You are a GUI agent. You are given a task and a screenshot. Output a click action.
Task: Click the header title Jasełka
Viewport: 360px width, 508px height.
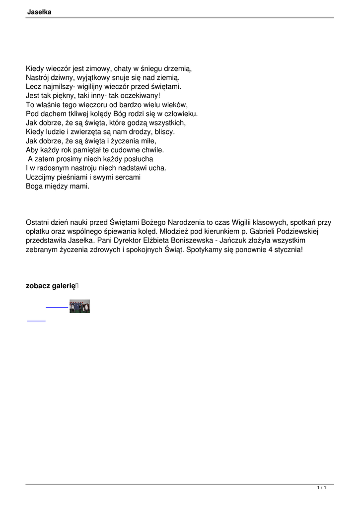(39, 12)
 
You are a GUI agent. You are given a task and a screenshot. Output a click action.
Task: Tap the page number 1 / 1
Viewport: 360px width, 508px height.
(321, 488)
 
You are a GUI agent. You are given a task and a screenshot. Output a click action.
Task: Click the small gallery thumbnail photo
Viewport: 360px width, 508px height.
(79, 307)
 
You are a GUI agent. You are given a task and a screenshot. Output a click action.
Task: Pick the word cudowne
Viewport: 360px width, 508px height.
(117, 149)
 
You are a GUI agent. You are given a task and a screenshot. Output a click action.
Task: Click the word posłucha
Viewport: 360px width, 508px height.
(140, 159)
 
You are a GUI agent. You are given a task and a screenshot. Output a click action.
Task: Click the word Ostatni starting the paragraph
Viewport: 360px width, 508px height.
(38, 222)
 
